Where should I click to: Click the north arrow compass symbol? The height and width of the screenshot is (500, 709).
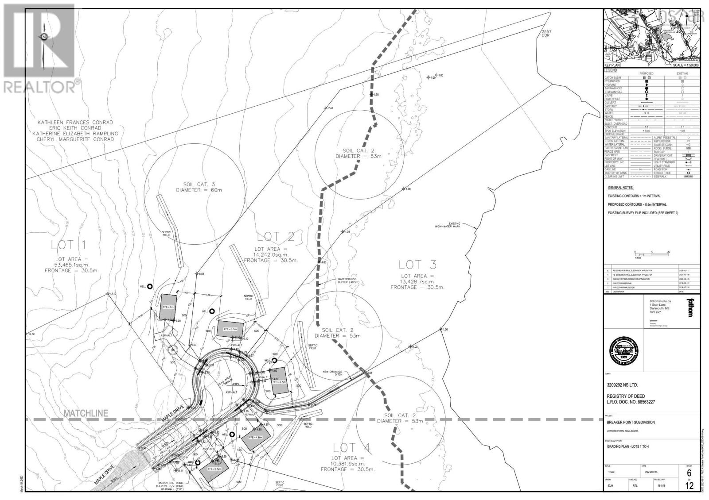tap(44, 38)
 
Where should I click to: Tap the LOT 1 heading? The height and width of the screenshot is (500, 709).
tap(68, 245)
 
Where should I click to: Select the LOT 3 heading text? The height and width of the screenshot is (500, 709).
tap(417, 265)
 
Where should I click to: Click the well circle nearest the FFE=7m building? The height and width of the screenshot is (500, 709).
tap(150, 286)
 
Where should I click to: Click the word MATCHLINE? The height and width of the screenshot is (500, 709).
tap(86, 413)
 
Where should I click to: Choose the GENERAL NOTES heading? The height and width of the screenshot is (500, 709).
tap(620, 188)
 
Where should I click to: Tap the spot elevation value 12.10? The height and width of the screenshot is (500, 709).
tap(113, 294)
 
